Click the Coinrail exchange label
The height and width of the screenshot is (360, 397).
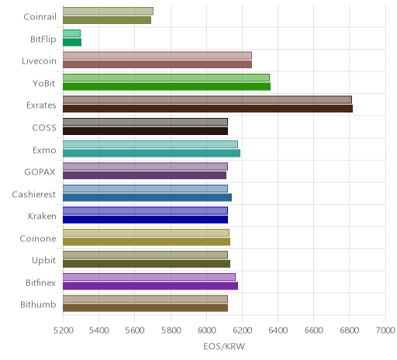(x=40, y=17)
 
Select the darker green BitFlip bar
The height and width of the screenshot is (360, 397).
(x=72, y=43)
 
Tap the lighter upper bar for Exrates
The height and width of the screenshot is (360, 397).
(x=207, y=100)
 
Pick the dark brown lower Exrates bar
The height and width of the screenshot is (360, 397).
(x=208, y=109)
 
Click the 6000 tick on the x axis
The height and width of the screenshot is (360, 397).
(x=206, y=331)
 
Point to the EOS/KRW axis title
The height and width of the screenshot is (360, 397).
(x=224, y=346)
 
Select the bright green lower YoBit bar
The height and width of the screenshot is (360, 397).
(x=167, y=87)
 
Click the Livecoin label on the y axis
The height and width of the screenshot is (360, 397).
(x=39, y=61)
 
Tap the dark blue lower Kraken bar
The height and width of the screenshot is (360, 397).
(x=145, y=220)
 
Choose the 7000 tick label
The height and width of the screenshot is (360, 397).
(x=385, y=331)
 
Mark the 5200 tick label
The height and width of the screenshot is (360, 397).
(x=63, y=331)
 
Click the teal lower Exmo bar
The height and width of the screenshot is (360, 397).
(x=151, y=154)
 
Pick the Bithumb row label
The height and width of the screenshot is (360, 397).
(x=38, y=305)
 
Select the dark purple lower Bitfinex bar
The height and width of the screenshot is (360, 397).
(x=150, y=286)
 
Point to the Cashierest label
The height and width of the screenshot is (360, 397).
(x=34, y=194)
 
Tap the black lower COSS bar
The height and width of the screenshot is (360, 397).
(x=145, y=131)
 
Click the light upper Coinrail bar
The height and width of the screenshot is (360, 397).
(x=108, y=11)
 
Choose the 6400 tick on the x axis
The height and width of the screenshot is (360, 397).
(x=278, y=331)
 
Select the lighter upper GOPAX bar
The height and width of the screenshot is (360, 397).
(x=145, y=167)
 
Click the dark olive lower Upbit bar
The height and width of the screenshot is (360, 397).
(x=147, y=264)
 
